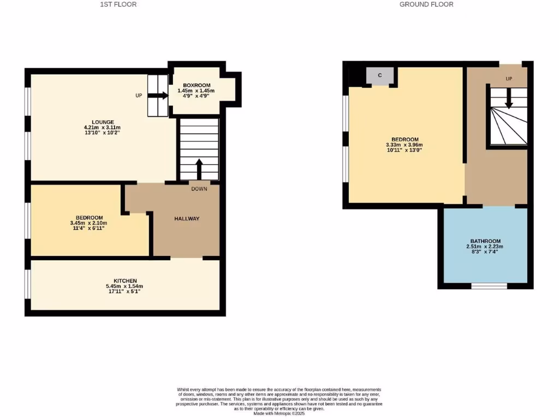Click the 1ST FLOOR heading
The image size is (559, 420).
(x=118, y=4)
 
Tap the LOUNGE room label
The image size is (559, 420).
(x=103, y=122)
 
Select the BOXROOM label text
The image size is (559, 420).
(x=197, y=85)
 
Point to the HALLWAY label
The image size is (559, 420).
(x=187, y=219)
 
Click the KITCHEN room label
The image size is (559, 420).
(x=124, y=281)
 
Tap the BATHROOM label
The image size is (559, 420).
(x=485, y=241)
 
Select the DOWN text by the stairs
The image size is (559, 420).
(x=199, y=189)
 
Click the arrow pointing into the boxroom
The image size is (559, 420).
(x=158, y=95)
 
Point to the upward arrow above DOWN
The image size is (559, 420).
(x=199, y=168)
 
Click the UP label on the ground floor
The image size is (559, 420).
(x=509, y=79)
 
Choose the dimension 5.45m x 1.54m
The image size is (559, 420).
(x=124, y=286)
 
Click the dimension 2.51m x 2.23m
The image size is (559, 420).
(x=485, y=247)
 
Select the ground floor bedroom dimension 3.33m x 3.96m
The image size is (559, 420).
(x=405, y=145)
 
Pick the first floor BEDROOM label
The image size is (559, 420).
(x=88, y=217)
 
